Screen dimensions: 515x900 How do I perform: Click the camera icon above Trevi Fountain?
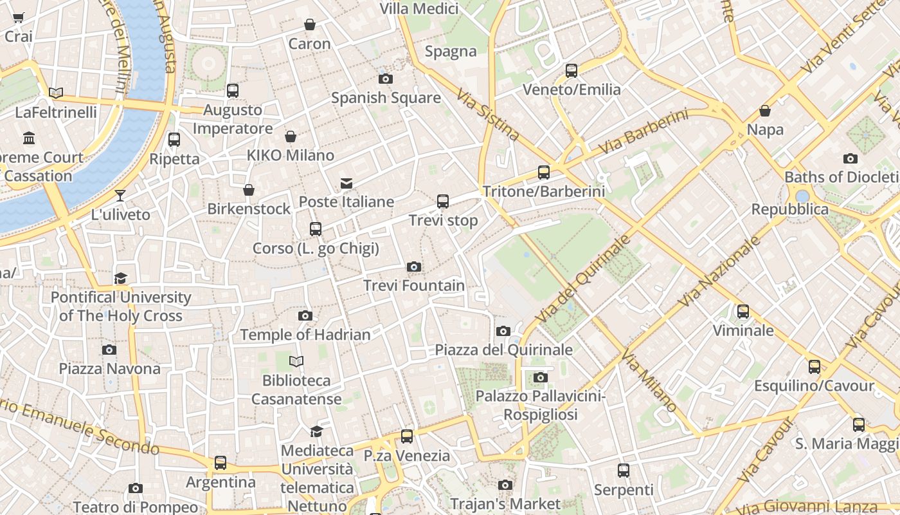[x=414, y=267]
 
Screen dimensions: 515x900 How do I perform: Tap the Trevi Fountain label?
[x=414, y=285]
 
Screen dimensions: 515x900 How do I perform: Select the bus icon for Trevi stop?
[x=443, y=201]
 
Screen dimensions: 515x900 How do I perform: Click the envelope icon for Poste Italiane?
[x=346, y=183]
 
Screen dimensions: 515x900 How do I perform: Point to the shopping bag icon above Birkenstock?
[x=249, y=190]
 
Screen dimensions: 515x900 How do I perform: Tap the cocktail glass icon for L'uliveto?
[x=120, y=195]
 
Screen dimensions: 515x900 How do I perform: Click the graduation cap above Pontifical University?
[x=120, y=278]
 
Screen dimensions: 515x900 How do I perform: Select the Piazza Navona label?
[x=110, y=369]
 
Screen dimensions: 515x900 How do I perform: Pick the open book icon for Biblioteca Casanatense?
[x=296, y=361]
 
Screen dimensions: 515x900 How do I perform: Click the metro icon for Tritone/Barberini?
[x=544, y=172]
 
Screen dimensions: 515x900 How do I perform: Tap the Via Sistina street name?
[x=488, y=115]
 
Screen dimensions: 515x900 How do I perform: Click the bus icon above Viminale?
[x=743, y=312]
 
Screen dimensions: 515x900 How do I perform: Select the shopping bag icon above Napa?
[x=765, y=111]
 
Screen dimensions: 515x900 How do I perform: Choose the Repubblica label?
[x=790, y=209]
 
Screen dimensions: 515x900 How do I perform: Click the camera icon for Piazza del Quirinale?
[x=503, y=331]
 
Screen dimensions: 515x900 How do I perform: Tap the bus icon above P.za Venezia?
[x=407, y=436]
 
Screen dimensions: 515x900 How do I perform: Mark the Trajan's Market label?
[x=505, y=503]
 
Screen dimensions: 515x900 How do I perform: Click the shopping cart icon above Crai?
[x=19, y=18]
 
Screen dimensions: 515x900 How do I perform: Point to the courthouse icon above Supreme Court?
[x=29, y=138]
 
